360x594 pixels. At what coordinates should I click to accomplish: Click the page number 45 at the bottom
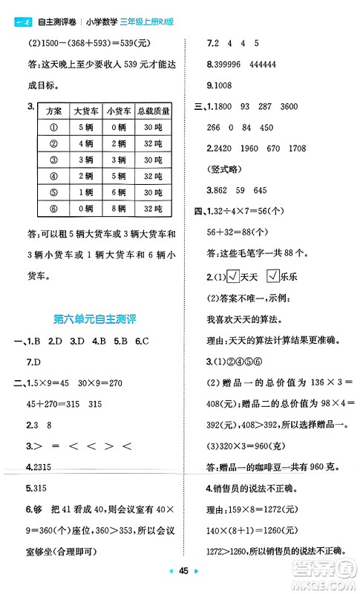click(180, 579)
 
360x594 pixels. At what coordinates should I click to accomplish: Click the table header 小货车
click(118, 111)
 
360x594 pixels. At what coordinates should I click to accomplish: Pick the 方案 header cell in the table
click(53, 111)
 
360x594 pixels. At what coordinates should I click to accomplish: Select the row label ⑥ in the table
click(53, 209)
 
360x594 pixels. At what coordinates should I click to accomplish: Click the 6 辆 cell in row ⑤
click(118, 193)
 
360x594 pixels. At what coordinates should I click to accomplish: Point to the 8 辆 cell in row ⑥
click(118, 209)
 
